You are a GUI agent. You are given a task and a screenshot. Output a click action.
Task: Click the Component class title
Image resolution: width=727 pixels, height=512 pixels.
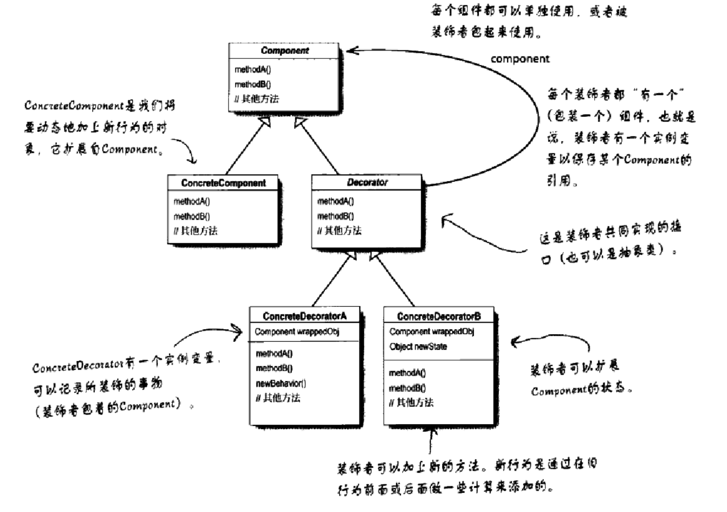coord(284,50)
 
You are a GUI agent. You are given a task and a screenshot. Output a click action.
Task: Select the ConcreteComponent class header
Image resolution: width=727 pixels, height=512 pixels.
coord(223,183)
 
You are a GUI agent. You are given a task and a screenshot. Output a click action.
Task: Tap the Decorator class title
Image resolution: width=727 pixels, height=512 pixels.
coord(367,182)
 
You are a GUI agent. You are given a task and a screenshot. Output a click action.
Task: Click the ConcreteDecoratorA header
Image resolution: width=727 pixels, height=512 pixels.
coord(304,316)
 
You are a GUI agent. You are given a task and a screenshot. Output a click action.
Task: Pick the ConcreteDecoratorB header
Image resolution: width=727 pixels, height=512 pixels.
coord(439,316)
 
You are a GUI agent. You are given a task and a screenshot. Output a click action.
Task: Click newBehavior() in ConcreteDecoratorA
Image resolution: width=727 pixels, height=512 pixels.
coord(281,383)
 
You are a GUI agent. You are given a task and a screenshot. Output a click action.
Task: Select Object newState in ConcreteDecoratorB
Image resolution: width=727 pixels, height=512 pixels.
coord(418,346)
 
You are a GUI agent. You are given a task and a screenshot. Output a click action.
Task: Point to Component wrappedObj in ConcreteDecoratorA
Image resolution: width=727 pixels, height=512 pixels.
coord(297,332)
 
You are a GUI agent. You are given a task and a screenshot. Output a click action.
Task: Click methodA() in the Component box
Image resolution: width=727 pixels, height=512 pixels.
coord(252,69)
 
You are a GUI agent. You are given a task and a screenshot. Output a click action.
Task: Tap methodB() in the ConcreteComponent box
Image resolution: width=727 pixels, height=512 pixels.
coord(192,216)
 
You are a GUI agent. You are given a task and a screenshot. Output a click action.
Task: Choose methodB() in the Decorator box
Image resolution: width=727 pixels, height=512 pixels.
coord(335,216)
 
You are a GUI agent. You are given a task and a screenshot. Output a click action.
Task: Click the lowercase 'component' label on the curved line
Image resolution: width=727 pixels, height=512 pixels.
coord(519,59)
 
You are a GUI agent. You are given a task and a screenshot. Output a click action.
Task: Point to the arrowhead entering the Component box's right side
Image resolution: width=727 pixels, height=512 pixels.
coord(352,50)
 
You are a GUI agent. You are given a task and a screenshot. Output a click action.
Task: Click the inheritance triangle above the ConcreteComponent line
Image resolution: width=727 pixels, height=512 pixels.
coord(265,121)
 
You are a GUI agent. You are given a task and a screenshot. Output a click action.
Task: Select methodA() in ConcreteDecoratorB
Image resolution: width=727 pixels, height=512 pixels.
coord(407,373)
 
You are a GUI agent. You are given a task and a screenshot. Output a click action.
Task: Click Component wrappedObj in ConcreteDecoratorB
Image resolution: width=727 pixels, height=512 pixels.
coord(432,332)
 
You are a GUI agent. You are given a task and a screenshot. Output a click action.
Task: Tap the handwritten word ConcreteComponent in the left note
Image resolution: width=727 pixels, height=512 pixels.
coord(73,105)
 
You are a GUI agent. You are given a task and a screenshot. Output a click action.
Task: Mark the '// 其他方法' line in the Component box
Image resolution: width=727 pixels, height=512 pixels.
coord(256,99)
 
